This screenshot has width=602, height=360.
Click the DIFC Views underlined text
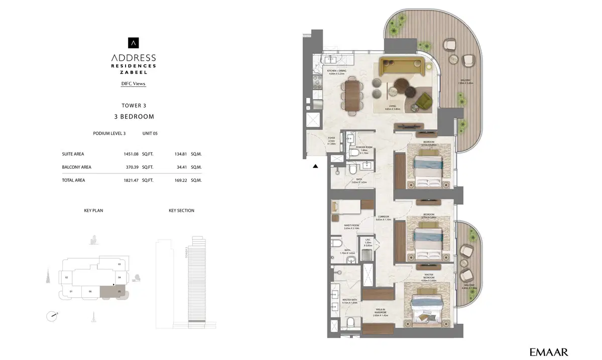tap(133, 84)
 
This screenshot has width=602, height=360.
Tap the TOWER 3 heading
tap(134, 105)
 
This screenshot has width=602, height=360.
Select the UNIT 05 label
tap(151, 134)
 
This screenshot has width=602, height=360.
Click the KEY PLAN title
tap(93, 210)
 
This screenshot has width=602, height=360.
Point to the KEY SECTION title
tap(181, 210)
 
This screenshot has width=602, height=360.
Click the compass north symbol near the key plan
tap(51, 316)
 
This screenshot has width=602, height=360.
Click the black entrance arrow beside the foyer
tap(316, 167)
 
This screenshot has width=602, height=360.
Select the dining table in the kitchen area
tap(352, 95)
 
